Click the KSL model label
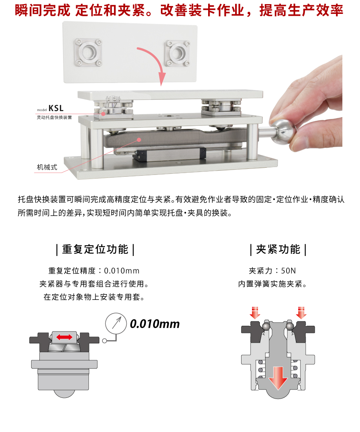coord(56,108)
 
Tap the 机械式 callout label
coord(47,167)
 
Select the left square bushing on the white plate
coord(88,52)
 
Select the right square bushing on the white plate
coord(177,53)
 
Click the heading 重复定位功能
coord(95,249)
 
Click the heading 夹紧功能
coord(278,249)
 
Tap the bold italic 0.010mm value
coord(154,324)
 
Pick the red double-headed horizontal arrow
coord(64,337)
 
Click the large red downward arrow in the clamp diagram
coord(278,378)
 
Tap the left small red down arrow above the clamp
coord(255,313)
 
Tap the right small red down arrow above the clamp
coord(301,313)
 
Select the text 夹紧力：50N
coord(272,271)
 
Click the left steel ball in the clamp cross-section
coord(266,326)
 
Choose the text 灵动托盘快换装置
coord(54,117)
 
